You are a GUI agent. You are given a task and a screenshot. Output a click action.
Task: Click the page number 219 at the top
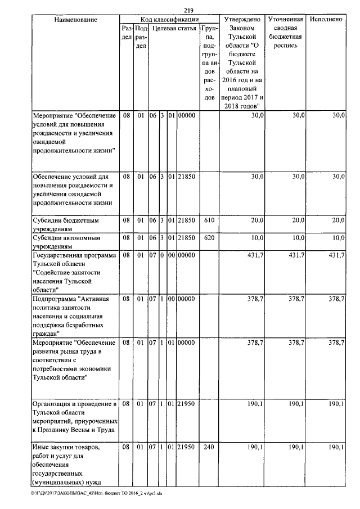click(x=188, y=10)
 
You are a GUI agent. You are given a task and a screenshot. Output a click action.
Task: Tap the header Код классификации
click(x=169, y=20)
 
